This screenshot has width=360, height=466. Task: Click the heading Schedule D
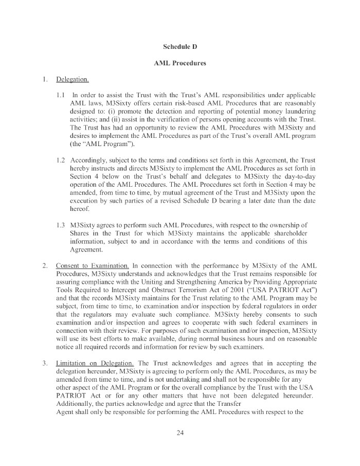(x=180, y=46)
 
